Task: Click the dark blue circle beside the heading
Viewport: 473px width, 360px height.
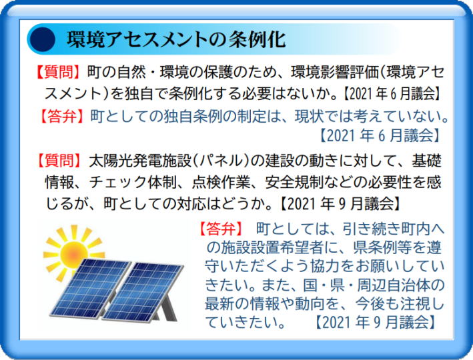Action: [x=43, y=39]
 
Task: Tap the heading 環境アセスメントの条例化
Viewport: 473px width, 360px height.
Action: [x=176, y=39]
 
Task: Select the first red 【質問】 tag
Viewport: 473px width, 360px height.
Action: [x=57, y=73]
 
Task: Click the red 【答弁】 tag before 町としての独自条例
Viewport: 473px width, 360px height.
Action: [x=61, y=116]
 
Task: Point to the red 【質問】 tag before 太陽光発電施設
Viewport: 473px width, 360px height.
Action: [x=59, y=160]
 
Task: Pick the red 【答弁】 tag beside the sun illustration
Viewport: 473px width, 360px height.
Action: [x=221, y=229]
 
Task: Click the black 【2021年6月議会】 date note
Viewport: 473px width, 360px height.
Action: [x=392, y=94]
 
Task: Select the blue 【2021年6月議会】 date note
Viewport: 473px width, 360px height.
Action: [x=380, y=135]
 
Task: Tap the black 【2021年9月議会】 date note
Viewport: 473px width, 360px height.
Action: [x=340, y=204]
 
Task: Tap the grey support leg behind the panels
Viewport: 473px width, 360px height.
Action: [x=167, y=305]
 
